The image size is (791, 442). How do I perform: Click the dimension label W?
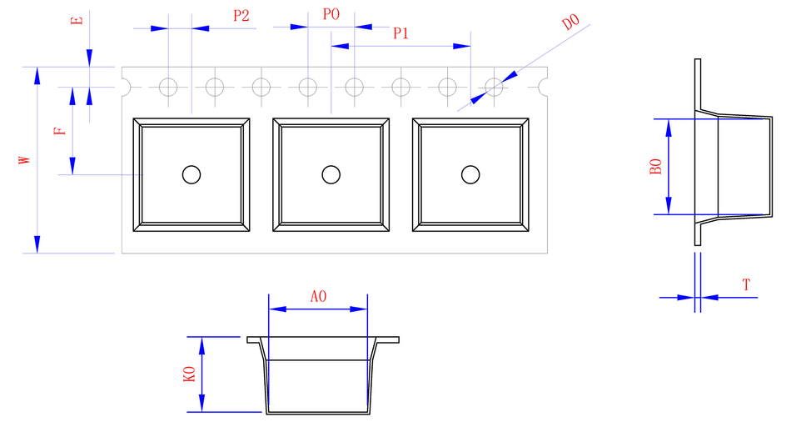[x=26, y=159]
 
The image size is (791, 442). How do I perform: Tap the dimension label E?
[x=77, y=19]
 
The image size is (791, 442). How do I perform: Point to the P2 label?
[x=241, y=15]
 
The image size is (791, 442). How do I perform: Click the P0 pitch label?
[x=331, y=15]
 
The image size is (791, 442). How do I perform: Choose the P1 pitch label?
[x=400, y=33]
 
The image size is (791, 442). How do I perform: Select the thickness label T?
[x=747, y=285]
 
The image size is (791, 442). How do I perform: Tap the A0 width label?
[x=318, y=296]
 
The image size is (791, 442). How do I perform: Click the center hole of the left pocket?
[x=192, y=174]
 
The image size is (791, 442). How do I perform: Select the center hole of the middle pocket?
[x=331, y=174]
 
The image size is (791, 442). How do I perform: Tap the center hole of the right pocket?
[x=471, y=174]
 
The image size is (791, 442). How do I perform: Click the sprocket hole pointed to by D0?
[x=494, y=86]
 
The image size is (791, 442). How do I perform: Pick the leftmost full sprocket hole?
[x=169, y=86]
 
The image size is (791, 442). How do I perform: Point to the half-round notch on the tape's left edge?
[x=126, y=86]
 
